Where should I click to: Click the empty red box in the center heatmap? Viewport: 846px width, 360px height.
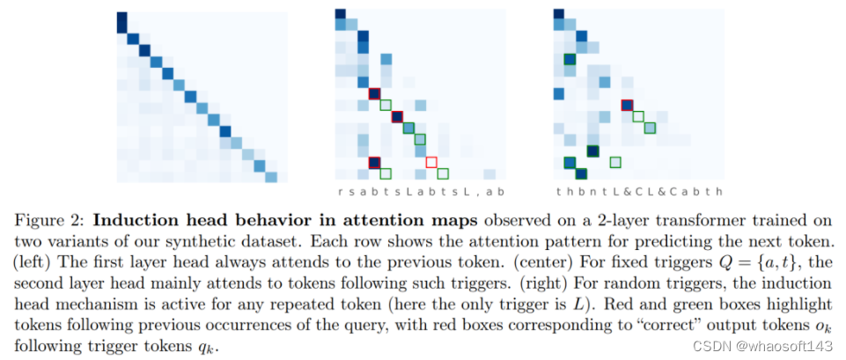[431, 162]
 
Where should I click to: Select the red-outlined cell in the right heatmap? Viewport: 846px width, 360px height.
[627, 106]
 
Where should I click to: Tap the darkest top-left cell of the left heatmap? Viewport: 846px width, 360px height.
[122, 24]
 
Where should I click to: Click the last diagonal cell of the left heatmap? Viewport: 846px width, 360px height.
[271, 177]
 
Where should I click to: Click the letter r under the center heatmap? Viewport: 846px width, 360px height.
[341, 192]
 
